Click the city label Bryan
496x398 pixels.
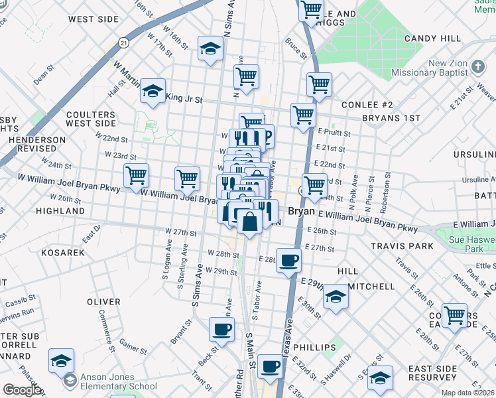(x=302, y=211)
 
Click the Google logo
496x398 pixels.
(x=22, y=390)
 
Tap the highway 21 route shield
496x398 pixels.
(x=123, y=42)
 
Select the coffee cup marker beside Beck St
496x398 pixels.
(x=222, y=328)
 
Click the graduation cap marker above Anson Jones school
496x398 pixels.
(x=62, y=360)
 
